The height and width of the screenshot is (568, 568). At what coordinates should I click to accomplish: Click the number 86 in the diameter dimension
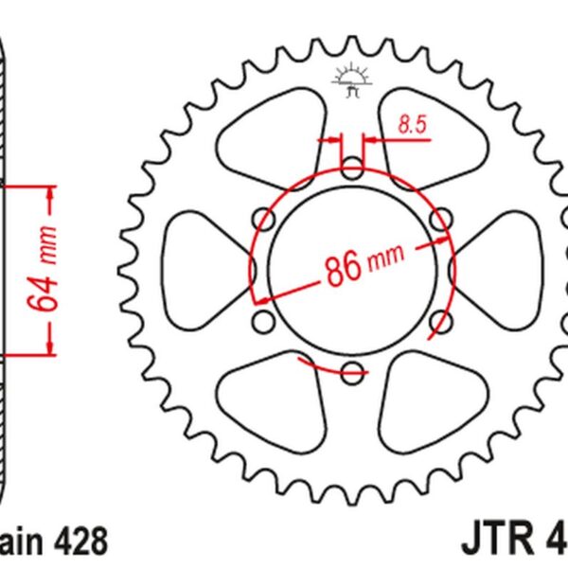[343, 268]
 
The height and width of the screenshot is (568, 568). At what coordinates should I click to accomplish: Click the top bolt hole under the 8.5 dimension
[352, 170]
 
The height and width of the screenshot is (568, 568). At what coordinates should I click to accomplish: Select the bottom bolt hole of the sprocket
[352, 372]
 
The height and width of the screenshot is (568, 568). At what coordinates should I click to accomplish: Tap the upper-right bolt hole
[439, 221]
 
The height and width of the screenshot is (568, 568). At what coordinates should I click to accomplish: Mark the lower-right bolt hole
[439, 322]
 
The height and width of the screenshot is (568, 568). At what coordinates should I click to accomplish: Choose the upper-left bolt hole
[265, 221]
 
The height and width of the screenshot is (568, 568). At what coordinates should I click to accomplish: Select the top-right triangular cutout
[432, 133]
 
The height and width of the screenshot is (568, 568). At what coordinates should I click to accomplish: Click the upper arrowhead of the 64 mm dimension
[50, 193]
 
